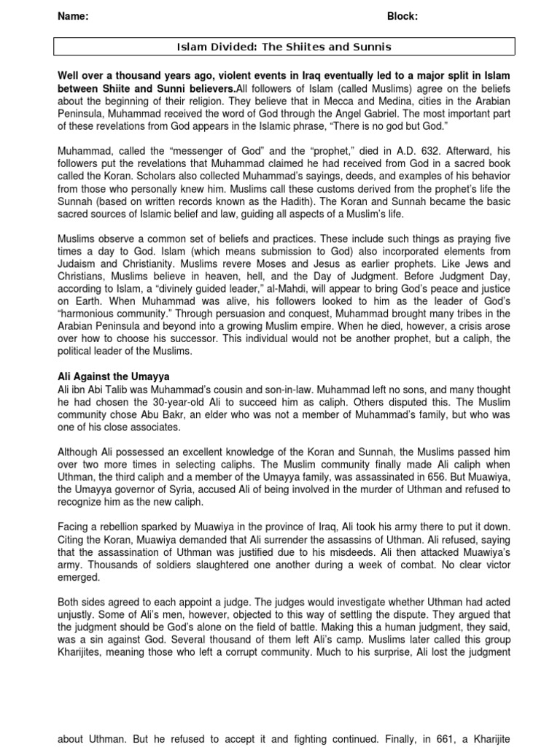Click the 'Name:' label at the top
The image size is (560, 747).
click(73, 17)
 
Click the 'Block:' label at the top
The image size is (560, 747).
click(402, 17)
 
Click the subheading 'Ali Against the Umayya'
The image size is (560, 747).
click(113, 376)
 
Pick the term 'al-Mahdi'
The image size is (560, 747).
click(274, 287)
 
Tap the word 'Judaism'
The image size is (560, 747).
click(79, 264)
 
